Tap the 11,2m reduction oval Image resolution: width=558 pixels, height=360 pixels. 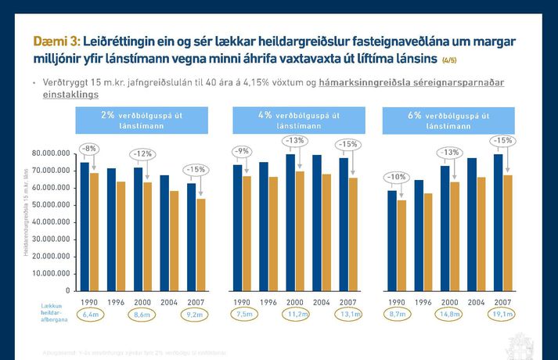(x=295, y=314)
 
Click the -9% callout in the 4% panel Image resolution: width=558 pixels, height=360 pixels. (x=242, y=151)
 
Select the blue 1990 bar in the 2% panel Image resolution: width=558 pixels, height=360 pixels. (x=85, y=226)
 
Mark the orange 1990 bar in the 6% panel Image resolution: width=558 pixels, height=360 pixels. (x=401, y=245)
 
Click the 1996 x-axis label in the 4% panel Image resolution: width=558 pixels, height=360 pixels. (x=268, y=301)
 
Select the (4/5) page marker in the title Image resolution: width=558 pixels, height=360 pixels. (x=450, y=60)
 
